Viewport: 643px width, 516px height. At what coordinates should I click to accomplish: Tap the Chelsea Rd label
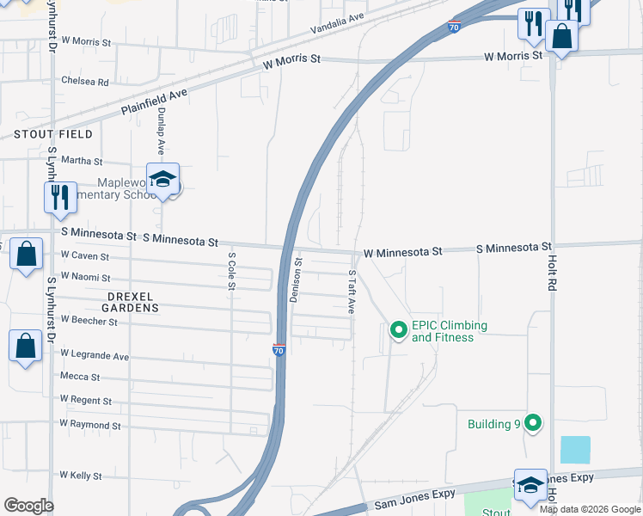(84, 83)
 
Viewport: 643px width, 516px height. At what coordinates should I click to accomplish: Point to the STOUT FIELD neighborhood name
(52, 135)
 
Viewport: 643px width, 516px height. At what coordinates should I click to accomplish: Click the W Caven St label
(84, 256)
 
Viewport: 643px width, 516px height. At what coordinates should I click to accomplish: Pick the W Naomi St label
(85, 278)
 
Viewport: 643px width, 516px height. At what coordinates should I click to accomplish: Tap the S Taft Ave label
(352, 293)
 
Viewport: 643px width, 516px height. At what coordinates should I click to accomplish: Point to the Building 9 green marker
(533, 423)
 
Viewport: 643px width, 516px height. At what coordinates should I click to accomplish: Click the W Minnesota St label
(402, 252)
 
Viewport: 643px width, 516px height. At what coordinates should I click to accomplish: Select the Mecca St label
(80, 377)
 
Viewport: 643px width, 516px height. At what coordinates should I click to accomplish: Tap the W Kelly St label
(81, 476)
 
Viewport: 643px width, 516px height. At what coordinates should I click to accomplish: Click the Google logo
(28, 506)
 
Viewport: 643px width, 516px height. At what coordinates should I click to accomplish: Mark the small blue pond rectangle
(575, 450)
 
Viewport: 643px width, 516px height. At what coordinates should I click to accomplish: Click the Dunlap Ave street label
(161, 132)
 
